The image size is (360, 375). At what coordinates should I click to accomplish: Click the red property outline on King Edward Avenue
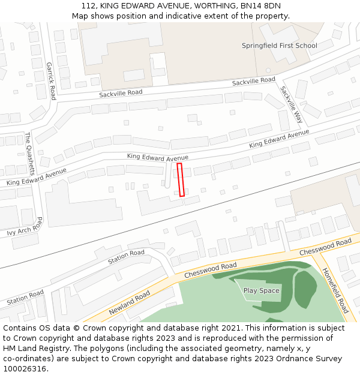181,179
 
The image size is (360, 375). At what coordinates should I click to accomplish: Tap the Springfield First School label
280,46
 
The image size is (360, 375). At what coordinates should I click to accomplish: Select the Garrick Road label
50,81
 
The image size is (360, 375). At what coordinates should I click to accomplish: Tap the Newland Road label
130,303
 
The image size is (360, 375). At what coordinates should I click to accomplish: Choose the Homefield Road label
335,290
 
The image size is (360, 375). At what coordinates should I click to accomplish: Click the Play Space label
261,290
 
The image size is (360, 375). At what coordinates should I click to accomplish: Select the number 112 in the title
89,6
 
